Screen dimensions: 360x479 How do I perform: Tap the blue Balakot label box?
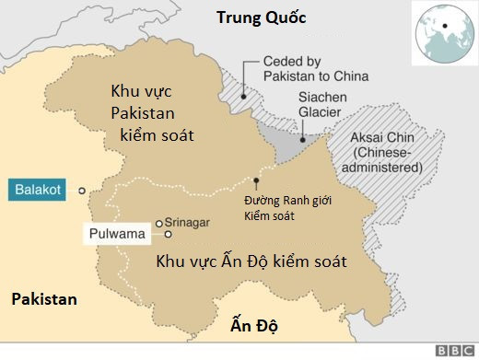tap(39, 191)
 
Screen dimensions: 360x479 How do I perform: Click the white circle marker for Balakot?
tap(82, 191)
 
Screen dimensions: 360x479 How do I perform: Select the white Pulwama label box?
tap(117, 234)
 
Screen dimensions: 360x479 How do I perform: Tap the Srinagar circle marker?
tap(158, 223)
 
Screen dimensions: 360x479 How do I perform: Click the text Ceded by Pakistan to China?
tap(316, 67)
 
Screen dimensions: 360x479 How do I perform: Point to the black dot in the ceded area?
tap(243, 93)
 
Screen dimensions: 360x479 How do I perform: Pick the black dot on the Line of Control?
tap(256, 179)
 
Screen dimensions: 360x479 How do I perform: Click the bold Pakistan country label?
tap(42, 299)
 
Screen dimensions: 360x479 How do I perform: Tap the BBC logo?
tap(454, 351)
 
